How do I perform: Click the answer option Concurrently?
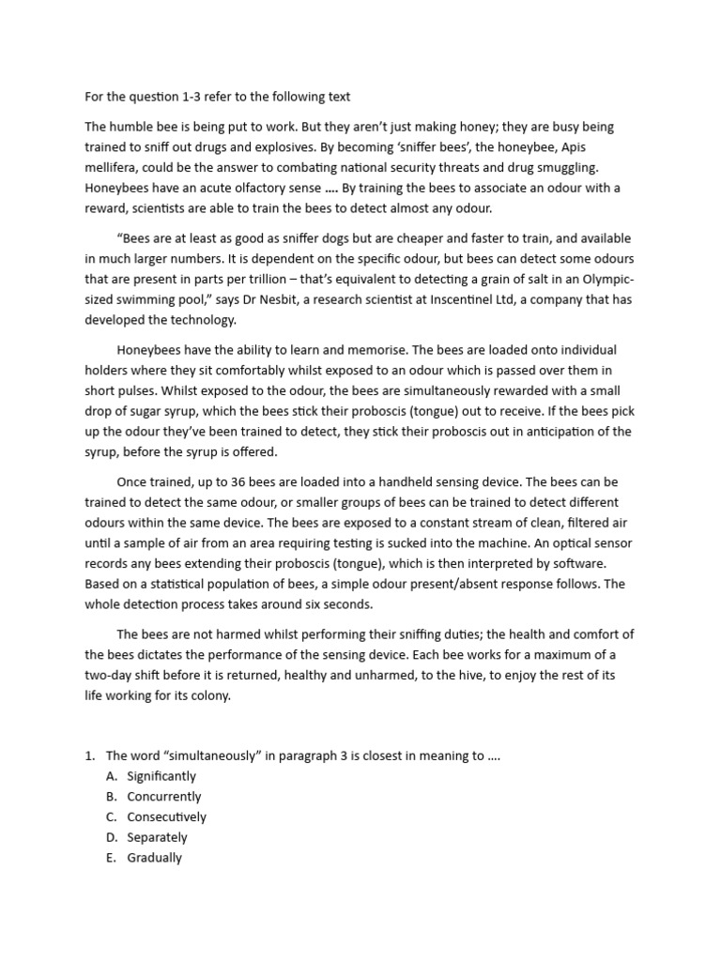(164, 796)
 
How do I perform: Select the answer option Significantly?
(162, 776)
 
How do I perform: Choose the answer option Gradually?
(155, 857)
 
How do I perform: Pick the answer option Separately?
(158, 837)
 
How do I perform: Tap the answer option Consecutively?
(167, 816)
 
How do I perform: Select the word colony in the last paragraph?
(206, 695)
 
